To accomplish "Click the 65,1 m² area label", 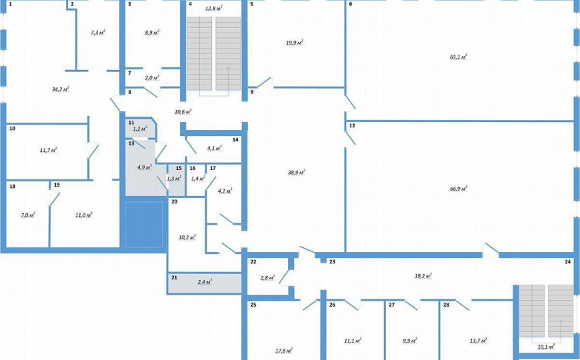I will [458, 57].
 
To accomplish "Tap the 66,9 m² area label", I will [458, 189].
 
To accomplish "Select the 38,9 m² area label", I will [296, 172].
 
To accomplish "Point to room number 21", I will [174, 277].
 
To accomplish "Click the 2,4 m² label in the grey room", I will [204, 283].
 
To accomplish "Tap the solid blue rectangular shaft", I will [145, 225].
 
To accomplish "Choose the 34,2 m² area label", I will [61, 89].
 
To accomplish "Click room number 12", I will [351, 125].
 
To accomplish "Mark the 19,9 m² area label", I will [295, 43].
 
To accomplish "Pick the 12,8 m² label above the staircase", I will [213, 8].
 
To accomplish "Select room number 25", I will [253, 305].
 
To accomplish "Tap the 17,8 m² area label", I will [283, 351].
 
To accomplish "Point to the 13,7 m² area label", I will [478, 341].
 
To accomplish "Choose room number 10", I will [12, 129].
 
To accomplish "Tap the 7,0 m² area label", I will [27, 215].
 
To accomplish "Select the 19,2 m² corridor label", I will [423, 275].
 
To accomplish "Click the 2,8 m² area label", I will [268, 277].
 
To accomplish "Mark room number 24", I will [567, 262].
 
